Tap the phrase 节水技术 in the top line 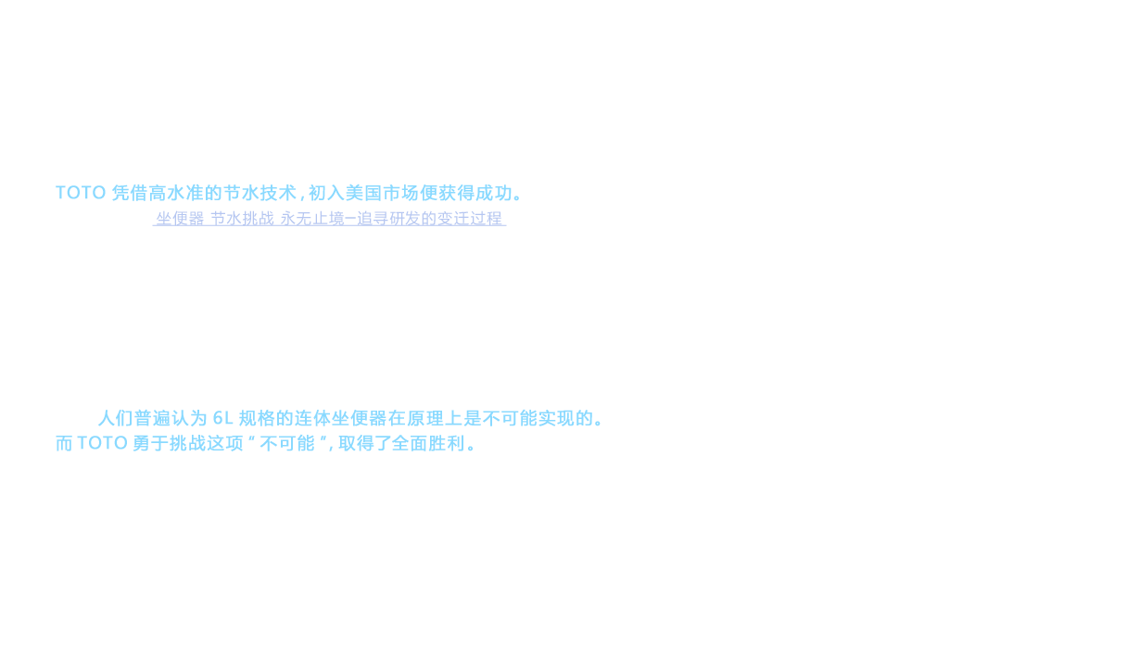(x=260, y=194)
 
